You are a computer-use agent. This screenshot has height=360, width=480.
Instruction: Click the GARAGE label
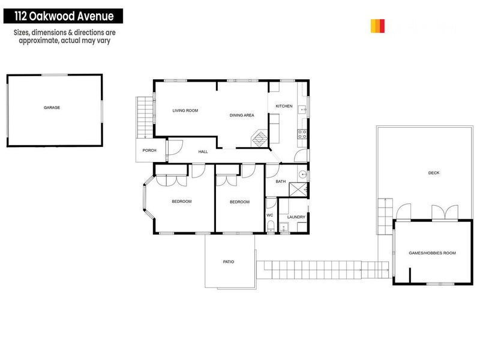[x=52, y=107]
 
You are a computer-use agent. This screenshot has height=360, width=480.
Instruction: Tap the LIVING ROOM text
[x=185, y=110]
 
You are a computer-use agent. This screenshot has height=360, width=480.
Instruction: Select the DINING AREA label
[x=242, y=115]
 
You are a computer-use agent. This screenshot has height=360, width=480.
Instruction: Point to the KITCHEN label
[x=284, y=106]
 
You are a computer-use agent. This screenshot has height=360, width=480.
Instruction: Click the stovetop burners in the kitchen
[x=302, y=134]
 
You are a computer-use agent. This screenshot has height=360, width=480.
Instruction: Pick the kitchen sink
[x=303, y=110]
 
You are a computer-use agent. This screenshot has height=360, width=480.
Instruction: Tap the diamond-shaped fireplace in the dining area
[x=259, y=139]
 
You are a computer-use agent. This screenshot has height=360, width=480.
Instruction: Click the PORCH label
[x=149, y=150]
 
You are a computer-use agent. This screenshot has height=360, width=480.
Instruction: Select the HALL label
[x=203, y=152]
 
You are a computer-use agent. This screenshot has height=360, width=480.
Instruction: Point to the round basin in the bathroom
[x=303, y=175]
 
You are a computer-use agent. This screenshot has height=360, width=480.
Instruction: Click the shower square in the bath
[x=298, y=190]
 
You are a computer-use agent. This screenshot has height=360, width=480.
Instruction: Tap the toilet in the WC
[x=271, y=226]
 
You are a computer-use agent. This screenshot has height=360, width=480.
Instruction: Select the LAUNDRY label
[x=296, y=217]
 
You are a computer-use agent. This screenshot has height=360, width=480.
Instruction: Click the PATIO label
[x=229, y=262]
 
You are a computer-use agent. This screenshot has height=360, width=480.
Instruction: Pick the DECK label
[x=434, y=173]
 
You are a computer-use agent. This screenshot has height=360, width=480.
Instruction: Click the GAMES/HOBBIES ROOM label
[x=432, y=253]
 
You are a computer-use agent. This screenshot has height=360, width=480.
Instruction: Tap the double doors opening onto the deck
[x=445, y=212]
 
